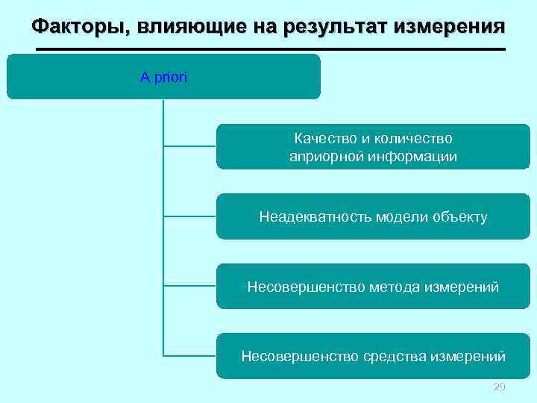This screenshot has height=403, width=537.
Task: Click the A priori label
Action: pyautogui.click(x=164, y=77)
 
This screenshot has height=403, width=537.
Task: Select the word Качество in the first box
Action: pyautogui.click(x=321, y=138)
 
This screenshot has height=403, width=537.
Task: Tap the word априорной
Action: pyautogui.click(x=324, y=157)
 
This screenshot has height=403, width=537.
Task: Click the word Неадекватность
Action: pyautogui.click(x=315, y=217)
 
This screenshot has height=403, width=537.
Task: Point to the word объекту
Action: pyautogui.click(x=460, y=217)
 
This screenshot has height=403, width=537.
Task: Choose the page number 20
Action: pyautogui.click(x=500, y=387)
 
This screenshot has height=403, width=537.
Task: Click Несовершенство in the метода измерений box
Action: pyautogui.click(x=306, y=287)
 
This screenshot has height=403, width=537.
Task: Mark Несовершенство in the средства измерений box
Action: pyautogui.click(x=299, y=356)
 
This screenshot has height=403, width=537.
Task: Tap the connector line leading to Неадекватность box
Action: pyautogui.click(x=189, y=216)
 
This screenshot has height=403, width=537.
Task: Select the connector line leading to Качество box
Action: pyautogui.click(x=189, y=146)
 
